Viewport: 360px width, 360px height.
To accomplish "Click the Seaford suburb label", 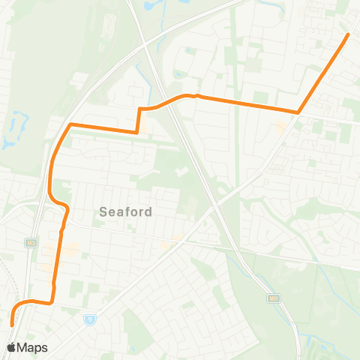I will coord(126,212).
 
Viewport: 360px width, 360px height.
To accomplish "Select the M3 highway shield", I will coord(31,242).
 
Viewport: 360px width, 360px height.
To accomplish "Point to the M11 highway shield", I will coord(274,298).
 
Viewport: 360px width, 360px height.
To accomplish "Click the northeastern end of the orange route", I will coord(349,34).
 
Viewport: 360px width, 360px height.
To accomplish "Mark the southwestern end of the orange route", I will coord(12,324).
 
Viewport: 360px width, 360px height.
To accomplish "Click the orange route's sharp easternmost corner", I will coord(298,113).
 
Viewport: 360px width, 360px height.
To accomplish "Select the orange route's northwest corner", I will coord(70,124).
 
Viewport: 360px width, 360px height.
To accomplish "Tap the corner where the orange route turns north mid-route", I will coord(136,132).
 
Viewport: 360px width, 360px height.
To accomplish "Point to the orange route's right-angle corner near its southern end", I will coord(52,303).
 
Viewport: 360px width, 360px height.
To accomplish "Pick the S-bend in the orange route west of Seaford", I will coord(60,203).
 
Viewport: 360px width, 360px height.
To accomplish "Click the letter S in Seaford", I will coord(103,212).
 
